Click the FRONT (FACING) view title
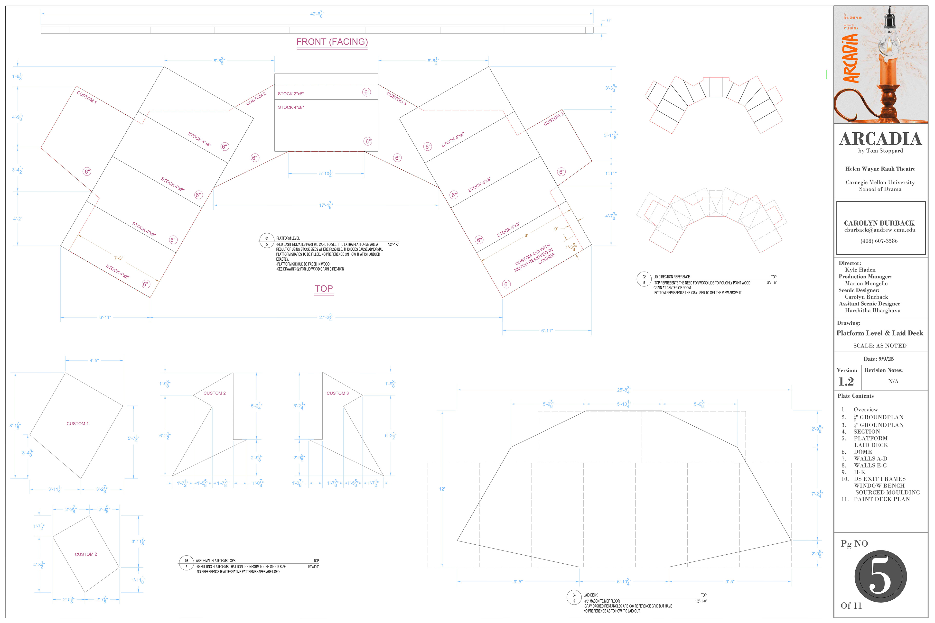click(332, 42)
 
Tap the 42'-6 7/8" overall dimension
click(317, 14)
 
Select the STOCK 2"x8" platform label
click(290, 94)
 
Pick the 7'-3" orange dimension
click(119, 258)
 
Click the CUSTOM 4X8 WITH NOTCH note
click(534, 257)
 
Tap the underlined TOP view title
click(324, 289)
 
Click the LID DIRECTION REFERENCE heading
click(672, 277)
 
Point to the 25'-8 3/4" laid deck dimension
click(624, 390)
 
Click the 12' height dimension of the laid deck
click(442, 489)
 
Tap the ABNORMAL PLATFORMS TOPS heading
click(215, 561)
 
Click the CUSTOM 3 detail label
click(337, 393)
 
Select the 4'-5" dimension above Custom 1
click(94, 361)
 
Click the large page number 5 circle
click(880, 576)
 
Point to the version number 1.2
click(846, 382)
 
